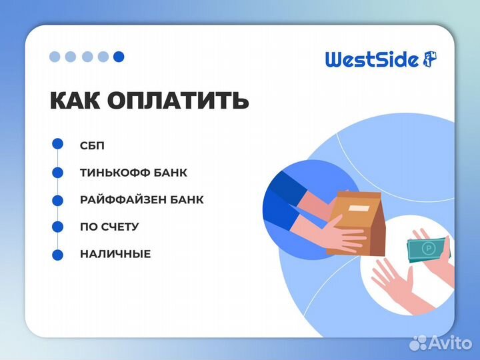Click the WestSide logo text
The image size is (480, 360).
(x=371, y=60)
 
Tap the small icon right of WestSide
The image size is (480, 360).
(x=430, y=59)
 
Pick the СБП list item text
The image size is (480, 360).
(x=92, y=145)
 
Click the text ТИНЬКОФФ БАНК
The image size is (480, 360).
(x=133, y=173)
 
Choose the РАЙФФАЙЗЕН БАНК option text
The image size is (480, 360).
(x=141, y=200)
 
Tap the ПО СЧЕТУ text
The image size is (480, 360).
(x=109, y=227)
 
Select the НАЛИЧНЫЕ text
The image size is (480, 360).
(x=115, y=254)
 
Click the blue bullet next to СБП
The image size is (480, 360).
(x=58, y=144)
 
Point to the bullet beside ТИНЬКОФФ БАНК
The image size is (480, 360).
(x=58, y=172)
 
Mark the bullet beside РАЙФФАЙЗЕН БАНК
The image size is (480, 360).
(x=58, y=199)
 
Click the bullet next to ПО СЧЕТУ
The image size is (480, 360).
(x=58, y=227)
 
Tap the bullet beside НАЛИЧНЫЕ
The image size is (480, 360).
(x=58, y=255)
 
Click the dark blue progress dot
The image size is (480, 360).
(x=119, y=57)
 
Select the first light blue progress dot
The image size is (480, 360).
(x=55, y=57)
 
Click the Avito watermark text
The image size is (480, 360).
(x=449, y=343)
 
